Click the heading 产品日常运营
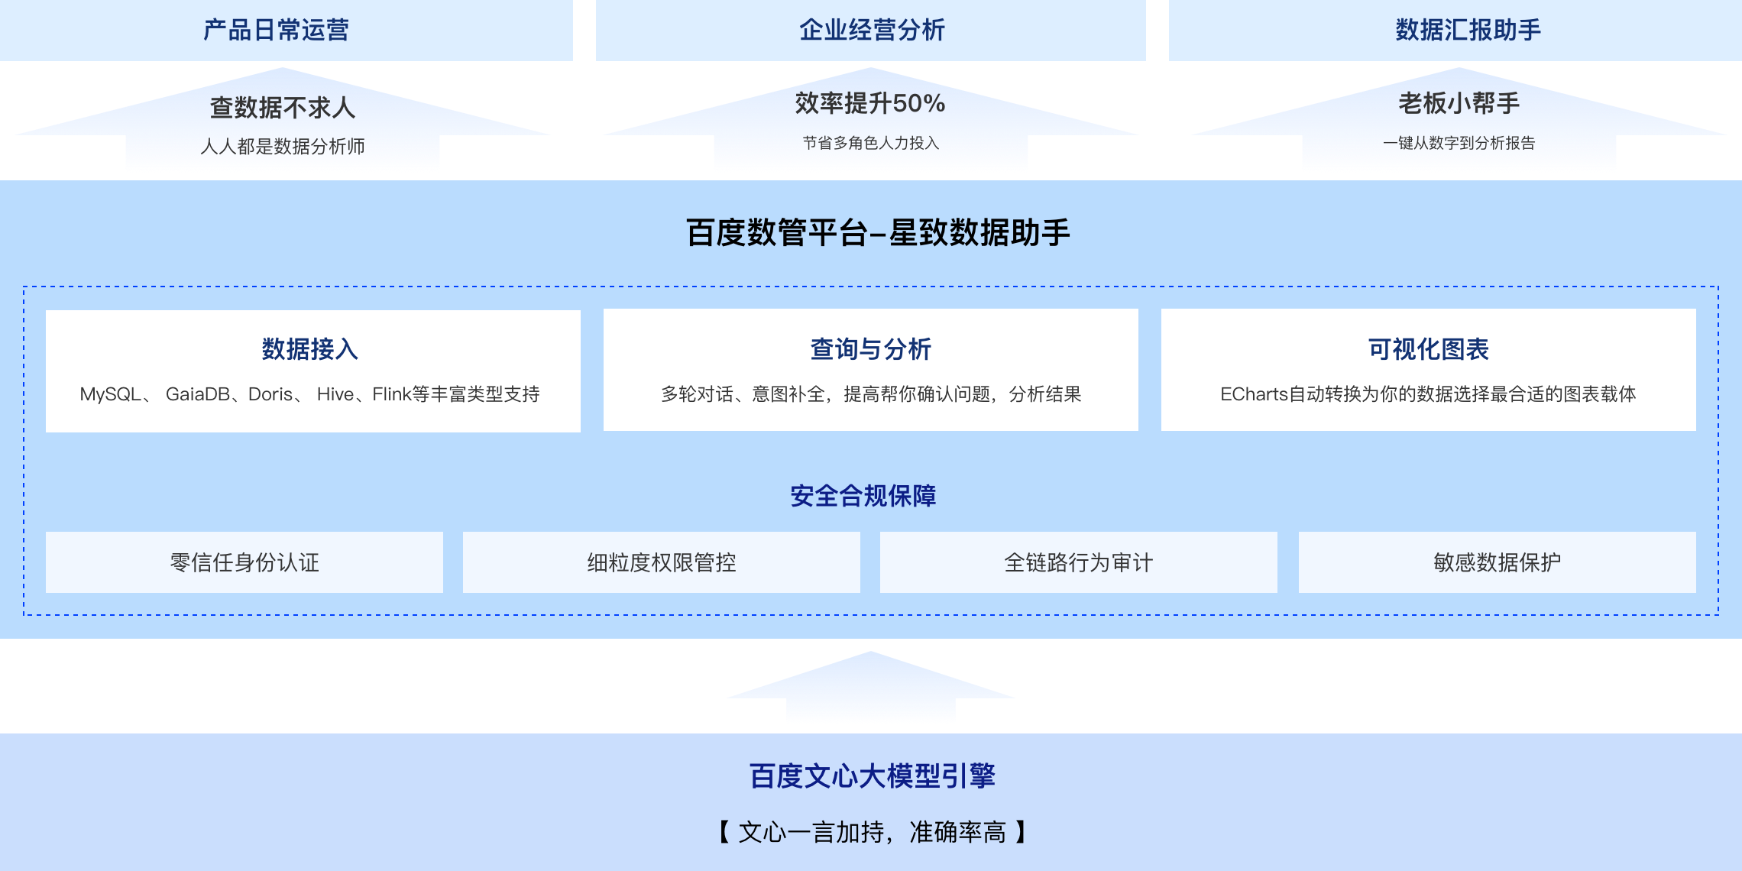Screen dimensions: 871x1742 coord(276,30)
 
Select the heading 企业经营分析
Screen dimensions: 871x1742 coord(872,30)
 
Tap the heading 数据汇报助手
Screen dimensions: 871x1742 coord(1468,30)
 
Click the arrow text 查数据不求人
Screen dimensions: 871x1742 coord(283,108)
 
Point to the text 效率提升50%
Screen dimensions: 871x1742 coord(870,103)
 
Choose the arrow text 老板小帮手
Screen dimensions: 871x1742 coord(1459,103)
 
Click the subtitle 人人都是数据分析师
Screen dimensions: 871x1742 coord(283,146)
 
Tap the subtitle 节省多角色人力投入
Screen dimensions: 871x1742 coord(870,143)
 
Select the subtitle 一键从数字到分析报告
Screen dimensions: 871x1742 coord(1459,143)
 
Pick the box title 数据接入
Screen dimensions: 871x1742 coord(310,349)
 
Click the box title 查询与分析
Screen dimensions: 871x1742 coord(870,349)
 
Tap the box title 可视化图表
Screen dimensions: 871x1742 coord(1428,349)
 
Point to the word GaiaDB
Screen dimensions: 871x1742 coord(197,394)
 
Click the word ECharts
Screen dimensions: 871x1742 coord(1254,394)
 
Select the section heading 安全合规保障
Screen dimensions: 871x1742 coord(863,496)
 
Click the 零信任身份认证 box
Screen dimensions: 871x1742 coord(244,562)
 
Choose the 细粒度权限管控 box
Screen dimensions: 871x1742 coord(662,562)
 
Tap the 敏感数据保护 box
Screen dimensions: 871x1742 coord(1497,562)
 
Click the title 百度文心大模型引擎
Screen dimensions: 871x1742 coord(872,776)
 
